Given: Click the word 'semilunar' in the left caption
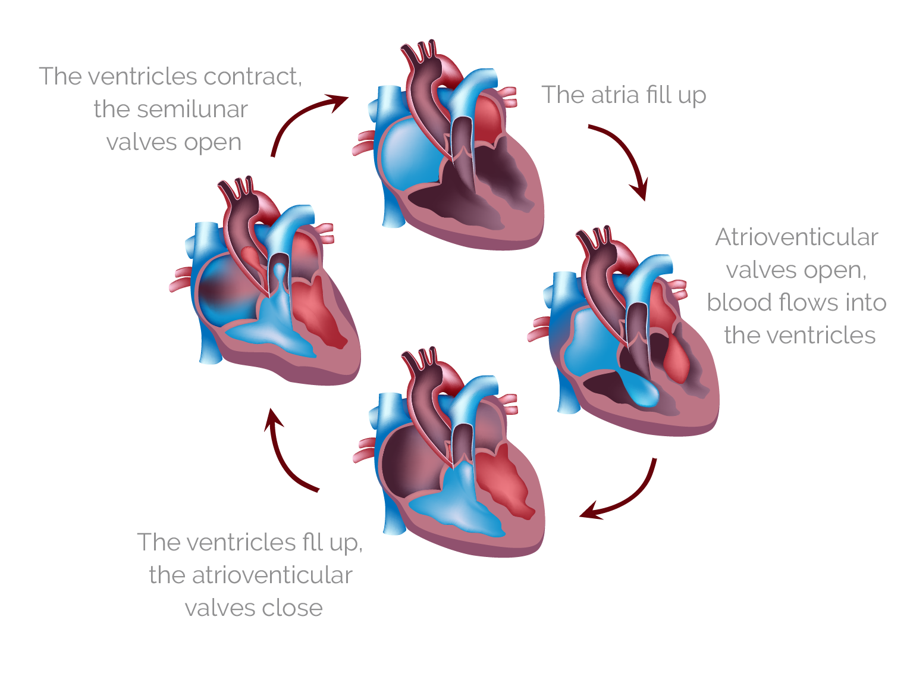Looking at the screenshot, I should click(x=171, y=109).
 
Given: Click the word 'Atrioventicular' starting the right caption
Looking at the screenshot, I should click(x=796, y=237).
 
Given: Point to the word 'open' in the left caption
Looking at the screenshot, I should click(x=212, y=143).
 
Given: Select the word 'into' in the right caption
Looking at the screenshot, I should click(x=866, y=302).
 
